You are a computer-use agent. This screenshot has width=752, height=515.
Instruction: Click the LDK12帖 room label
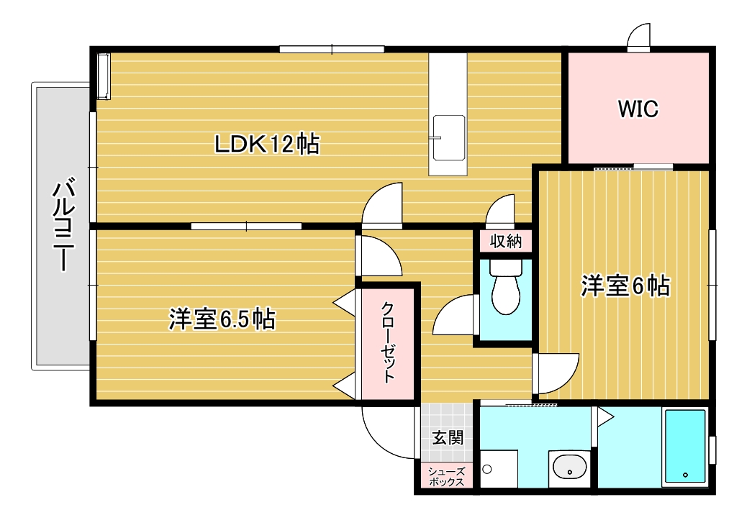267,145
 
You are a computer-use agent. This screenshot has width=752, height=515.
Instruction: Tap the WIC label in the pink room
638,109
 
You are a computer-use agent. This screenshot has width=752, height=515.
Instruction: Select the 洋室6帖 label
625,286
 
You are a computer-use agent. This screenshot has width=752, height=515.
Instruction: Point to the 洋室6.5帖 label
222,318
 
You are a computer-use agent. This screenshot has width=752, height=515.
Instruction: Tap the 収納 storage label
505,241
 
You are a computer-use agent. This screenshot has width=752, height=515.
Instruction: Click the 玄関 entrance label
448,436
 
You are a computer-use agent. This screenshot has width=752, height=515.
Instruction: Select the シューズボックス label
447,477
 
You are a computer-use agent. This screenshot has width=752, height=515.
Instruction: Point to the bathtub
685,446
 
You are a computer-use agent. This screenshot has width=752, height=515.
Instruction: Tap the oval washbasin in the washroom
569,468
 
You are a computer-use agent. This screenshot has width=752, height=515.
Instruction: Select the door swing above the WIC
638,36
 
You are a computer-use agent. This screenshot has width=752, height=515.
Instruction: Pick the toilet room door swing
455,316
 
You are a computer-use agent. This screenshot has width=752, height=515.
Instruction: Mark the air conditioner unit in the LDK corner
104,76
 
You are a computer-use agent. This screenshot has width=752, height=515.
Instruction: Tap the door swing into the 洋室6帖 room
556,373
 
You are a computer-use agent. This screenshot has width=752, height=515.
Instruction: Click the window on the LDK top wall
332,49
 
